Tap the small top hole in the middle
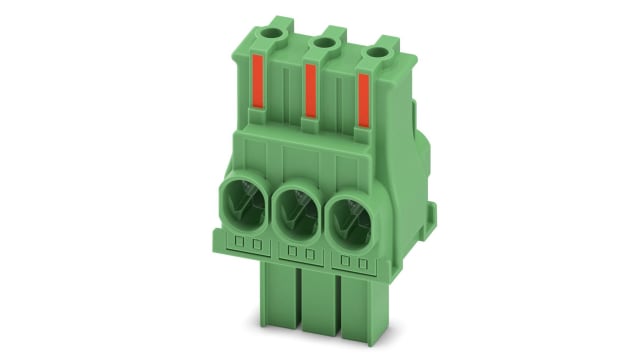tap(323, 44)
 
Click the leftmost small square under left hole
tap(240, 243)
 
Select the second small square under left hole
tap(255, 245)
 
